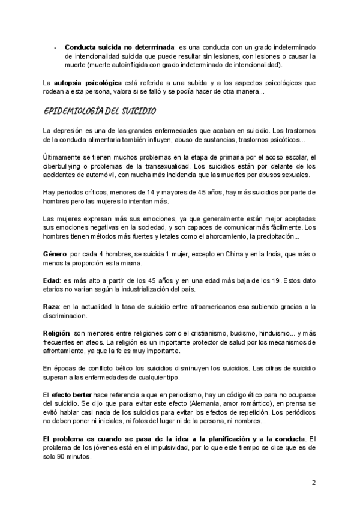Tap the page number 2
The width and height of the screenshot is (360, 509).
pos(313,482)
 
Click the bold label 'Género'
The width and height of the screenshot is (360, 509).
pos(55,254)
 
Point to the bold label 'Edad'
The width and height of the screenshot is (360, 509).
pos(52,280)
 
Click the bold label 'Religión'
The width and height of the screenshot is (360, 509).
pos(57,333)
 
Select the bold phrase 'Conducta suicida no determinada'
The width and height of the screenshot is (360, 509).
pos(119,47)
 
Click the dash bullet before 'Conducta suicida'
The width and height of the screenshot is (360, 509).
pos(55,47)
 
